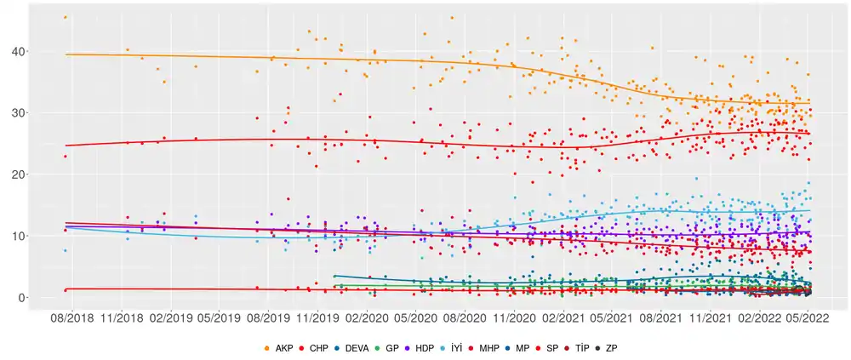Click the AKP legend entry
click(x=279, y=348)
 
